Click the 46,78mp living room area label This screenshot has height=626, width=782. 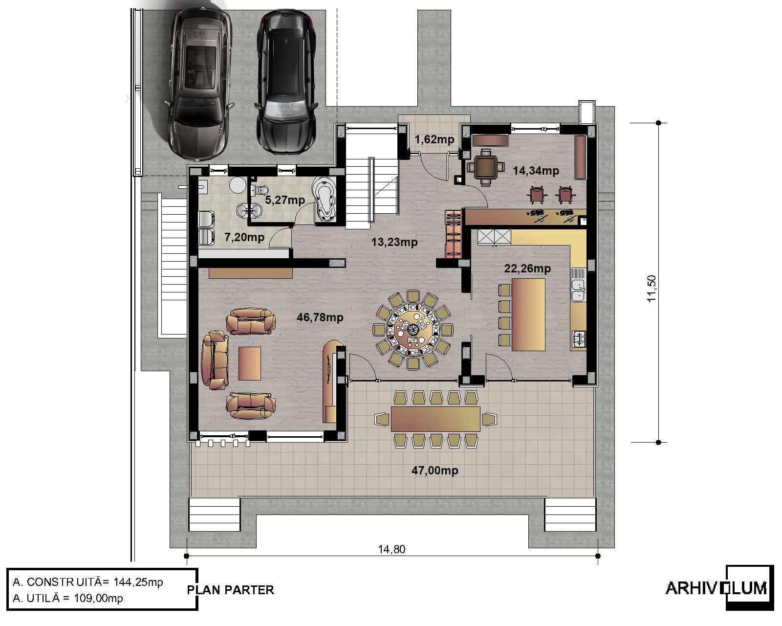320,317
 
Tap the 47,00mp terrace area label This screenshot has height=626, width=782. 434,470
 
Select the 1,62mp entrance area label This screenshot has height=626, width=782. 434,139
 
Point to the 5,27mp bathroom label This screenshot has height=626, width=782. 285,200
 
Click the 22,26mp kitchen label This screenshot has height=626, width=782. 527,268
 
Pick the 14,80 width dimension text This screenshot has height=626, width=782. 391,549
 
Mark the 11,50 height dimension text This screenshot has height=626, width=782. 652,288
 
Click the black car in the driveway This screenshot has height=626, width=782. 286,82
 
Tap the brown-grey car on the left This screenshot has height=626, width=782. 199,83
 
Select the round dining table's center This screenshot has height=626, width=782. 413,330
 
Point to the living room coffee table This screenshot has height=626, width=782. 250,363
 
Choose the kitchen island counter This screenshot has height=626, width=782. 528,314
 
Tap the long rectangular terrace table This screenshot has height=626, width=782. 435,419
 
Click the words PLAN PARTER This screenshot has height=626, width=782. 230,590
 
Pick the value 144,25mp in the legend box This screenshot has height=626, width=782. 138,582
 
